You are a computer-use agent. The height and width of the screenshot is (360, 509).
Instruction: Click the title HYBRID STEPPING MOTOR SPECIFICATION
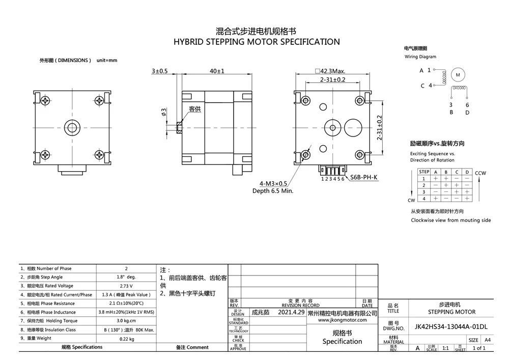click(257, 42)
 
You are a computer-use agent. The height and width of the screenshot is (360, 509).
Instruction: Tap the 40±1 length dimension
click(217, 71)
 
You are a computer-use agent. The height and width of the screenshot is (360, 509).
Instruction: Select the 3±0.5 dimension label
click(159, 71)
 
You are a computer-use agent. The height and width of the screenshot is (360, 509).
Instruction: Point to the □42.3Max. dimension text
click(330, 71)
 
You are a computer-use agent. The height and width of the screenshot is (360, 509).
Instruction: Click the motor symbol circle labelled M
click(457, 75)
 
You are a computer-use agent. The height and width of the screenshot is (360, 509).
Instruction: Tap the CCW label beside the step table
click(480, 173)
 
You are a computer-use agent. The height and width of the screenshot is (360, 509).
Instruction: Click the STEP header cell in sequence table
click(424, 172)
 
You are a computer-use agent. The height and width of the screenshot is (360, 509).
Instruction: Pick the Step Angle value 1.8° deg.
click(126, 277)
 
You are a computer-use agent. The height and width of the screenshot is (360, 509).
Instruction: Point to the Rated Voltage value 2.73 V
click(126, 286)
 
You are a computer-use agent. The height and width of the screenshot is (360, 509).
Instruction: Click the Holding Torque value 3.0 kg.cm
click(126, 321)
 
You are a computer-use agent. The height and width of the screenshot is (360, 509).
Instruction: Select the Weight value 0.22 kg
click(126, 339)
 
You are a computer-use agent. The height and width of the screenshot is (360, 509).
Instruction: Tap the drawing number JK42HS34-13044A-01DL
click(451, 326)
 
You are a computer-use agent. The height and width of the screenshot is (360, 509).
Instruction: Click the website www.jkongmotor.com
click(342, 320)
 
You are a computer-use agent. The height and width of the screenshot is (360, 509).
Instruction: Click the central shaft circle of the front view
click(72, 126)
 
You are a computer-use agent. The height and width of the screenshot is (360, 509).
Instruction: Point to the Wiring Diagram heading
click(420, 57)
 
